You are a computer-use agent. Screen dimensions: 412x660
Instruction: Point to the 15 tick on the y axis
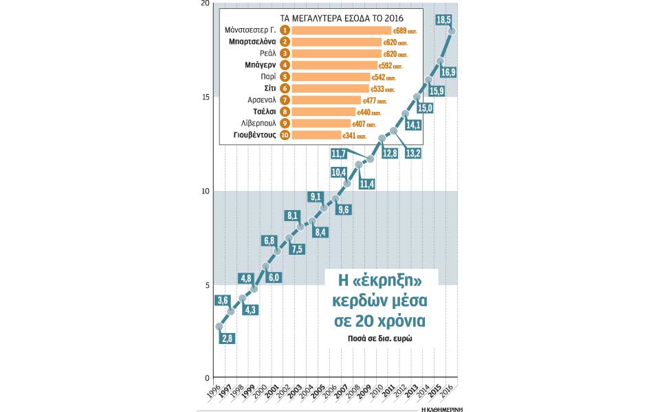[204, 97]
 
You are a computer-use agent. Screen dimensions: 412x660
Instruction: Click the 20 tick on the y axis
[204, 4]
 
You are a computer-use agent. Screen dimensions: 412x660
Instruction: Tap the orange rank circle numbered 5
[285, 78]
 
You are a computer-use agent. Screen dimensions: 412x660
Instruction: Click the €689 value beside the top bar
[401, 31]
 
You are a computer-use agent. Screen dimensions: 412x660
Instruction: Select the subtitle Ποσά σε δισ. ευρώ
[385, 339]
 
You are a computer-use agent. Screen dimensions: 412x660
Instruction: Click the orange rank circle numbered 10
[285, 136]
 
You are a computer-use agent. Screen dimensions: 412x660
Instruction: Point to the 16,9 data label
[448, 72]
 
